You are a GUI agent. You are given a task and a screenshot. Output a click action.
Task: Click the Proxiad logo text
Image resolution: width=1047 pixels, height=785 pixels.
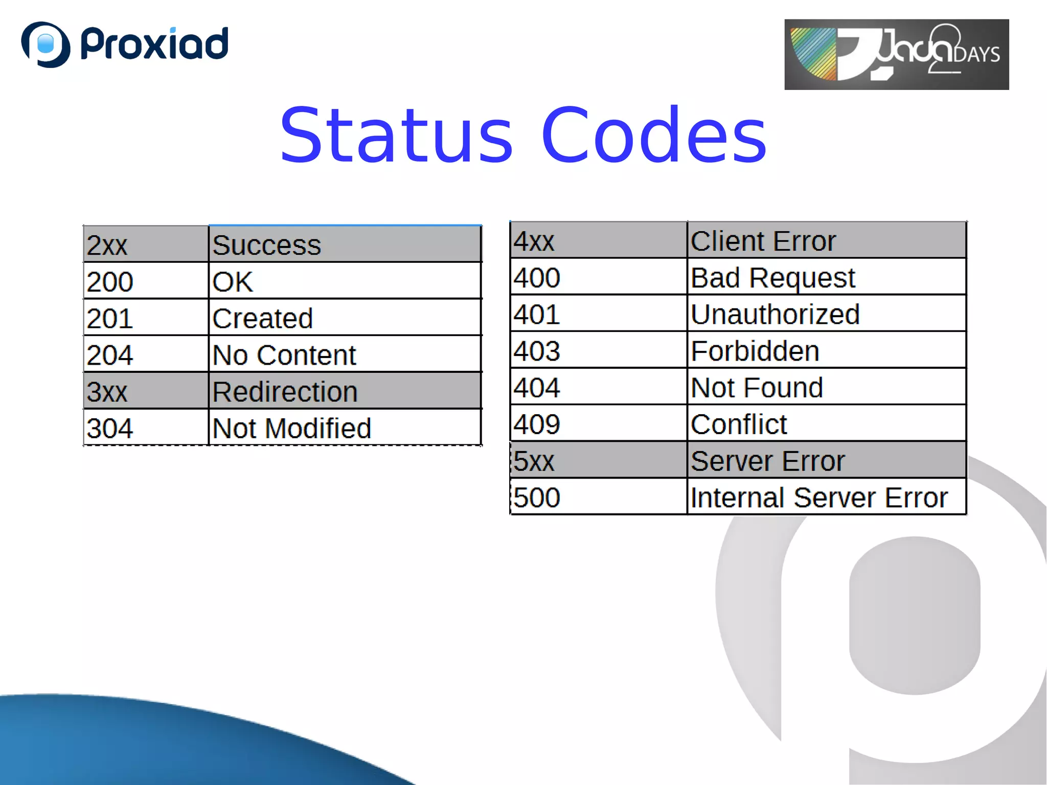(154, 44)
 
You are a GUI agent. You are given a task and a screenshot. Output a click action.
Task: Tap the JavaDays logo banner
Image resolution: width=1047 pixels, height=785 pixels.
(896, 54)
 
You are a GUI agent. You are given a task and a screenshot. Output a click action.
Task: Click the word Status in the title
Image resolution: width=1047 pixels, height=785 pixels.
(396, 136)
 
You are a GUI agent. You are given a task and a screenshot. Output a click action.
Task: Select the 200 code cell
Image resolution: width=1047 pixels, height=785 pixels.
(146, 281)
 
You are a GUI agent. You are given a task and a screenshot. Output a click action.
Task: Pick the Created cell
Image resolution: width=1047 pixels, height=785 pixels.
(345, 318)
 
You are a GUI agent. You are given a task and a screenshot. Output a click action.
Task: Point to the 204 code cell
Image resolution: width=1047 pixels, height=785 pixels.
(146, 354)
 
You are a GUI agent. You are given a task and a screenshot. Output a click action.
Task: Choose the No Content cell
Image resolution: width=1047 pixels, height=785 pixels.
(345, 354)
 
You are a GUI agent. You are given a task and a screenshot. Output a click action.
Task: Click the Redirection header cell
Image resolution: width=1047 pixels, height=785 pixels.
(345, 391)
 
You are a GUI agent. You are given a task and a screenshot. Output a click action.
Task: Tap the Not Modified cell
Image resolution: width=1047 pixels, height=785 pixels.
(345, 428)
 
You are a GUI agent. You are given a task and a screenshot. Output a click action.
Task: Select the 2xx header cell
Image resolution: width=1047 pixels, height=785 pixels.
(146, 244)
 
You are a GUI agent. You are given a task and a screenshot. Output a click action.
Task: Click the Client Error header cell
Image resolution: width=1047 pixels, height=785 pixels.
(826, 240)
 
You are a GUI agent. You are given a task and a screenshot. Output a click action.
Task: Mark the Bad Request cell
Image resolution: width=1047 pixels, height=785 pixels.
(826, 277)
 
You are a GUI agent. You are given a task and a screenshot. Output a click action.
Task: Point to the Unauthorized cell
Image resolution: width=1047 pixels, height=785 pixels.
(826, 313)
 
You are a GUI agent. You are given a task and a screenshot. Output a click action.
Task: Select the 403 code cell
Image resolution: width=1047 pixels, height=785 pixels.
(598, 350)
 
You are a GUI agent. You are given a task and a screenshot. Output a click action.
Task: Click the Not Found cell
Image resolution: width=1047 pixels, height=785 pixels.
(826, 387)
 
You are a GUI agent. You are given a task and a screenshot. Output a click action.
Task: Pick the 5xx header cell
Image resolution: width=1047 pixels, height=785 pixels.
(598, 460)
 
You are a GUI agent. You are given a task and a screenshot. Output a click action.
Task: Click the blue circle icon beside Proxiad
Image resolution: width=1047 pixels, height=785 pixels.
(45, 44)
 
